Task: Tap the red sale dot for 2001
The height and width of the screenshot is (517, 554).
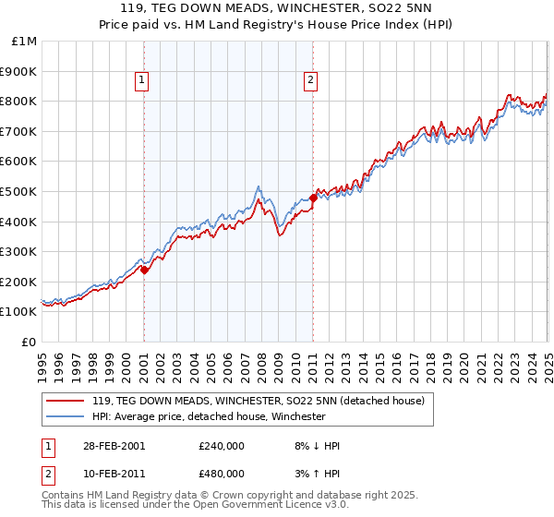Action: [x=145, y=271]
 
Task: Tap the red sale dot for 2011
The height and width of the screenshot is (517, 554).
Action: [x=313, y=198]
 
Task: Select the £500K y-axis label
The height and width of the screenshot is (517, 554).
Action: [x=20, y=191]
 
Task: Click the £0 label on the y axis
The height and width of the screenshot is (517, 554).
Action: [x=30, y=342]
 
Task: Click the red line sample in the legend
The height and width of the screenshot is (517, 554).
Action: [x=66, y=401]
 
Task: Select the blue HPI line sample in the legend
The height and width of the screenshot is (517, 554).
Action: [x=66, y=416]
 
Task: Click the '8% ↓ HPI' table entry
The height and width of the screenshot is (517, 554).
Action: [x=312, y=446]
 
